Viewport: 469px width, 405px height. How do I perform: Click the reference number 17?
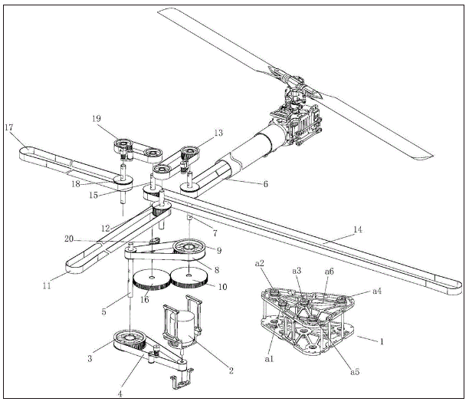pos(9,127)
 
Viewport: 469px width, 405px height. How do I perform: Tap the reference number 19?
pos(97,119)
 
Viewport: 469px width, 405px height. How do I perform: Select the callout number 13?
pos(218,133)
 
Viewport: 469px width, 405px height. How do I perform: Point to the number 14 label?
pos(358,229)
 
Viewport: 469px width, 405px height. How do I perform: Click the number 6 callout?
pos(265,184)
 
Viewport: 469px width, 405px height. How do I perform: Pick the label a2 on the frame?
pos(259,263)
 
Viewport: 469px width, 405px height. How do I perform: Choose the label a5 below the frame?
pos(355,372)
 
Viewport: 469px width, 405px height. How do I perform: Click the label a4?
pos(377,291)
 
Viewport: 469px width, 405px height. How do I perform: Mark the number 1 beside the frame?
pos(382,341)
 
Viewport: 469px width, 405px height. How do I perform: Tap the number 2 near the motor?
pos(231,370)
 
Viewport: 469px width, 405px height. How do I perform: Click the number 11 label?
pos(47,286)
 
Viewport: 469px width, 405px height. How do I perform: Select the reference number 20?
pos(69,239)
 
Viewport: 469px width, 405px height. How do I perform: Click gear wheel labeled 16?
pos(151,279)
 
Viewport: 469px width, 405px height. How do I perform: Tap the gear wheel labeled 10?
pos(189,278)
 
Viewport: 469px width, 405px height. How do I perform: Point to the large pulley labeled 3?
pos(130,340)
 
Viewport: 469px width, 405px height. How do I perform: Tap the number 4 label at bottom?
pos(120,394)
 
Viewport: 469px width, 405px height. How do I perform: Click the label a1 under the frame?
pos(269,359)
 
